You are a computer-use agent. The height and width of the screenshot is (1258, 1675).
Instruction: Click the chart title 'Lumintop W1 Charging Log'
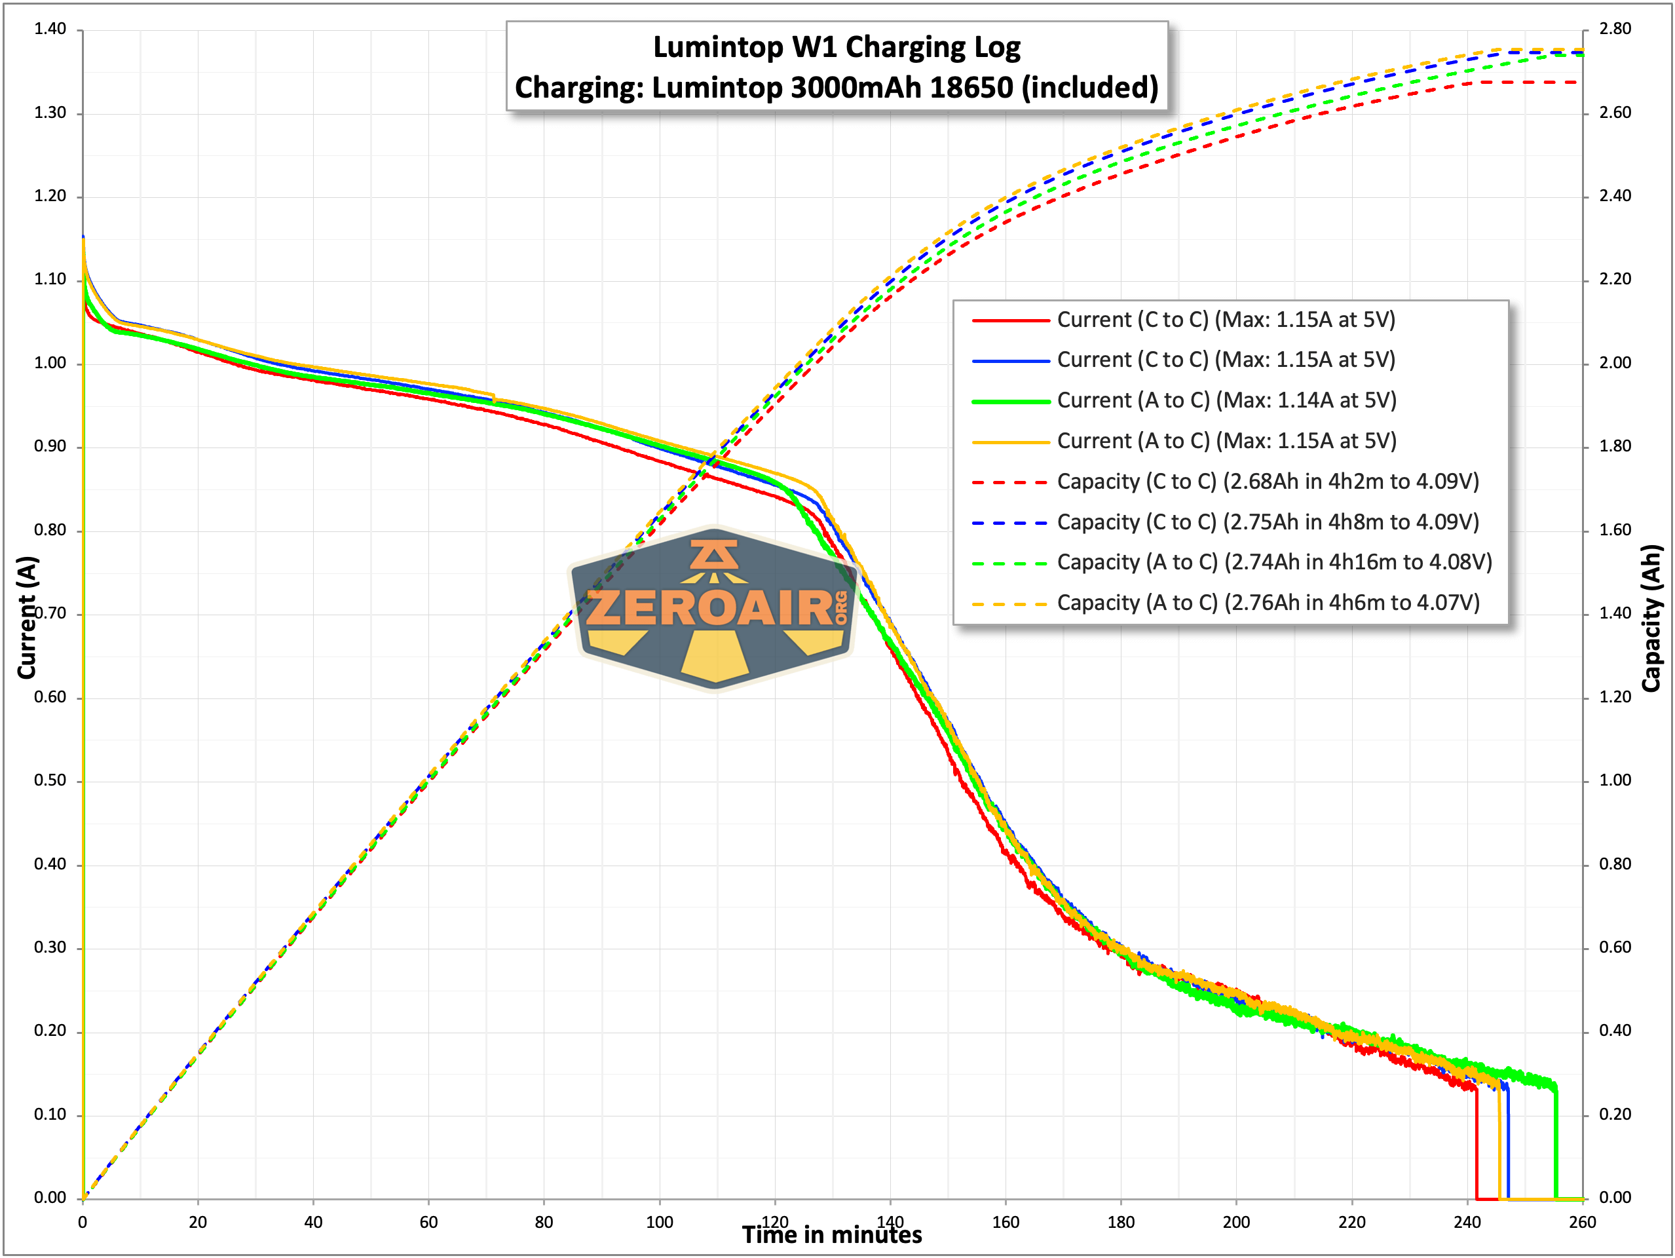[836, 47]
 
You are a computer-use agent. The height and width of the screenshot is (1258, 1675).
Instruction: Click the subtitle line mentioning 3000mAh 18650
[836, 88]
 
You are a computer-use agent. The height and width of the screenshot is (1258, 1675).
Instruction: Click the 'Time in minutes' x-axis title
[831, 1235]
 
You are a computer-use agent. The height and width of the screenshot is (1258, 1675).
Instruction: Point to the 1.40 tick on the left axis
[50, 29]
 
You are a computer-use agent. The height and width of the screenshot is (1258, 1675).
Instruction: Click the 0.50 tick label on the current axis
[50, 780]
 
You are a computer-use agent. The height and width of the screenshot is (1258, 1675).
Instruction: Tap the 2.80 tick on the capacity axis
[1615, 29]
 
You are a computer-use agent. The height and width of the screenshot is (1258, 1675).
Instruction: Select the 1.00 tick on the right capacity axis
[1615, 780]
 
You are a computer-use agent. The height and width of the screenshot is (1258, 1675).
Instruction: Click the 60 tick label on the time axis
[428, 1222]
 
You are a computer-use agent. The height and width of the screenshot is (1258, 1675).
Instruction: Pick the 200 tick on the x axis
[1236, 1222]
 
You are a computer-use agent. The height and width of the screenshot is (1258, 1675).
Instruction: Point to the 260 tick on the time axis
[1582, 1222]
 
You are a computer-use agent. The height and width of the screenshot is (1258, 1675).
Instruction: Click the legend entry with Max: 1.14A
[1226, 400]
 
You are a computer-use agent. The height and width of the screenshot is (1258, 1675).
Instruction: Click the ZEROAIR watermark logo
[713, 608]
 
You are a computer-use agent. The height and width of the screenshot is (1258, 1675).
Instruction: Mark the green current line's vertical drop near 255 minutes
[1555, 1143]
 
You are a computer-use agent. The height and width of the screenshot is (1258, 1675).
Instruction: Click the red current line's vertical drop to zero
[1477, 1143]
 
